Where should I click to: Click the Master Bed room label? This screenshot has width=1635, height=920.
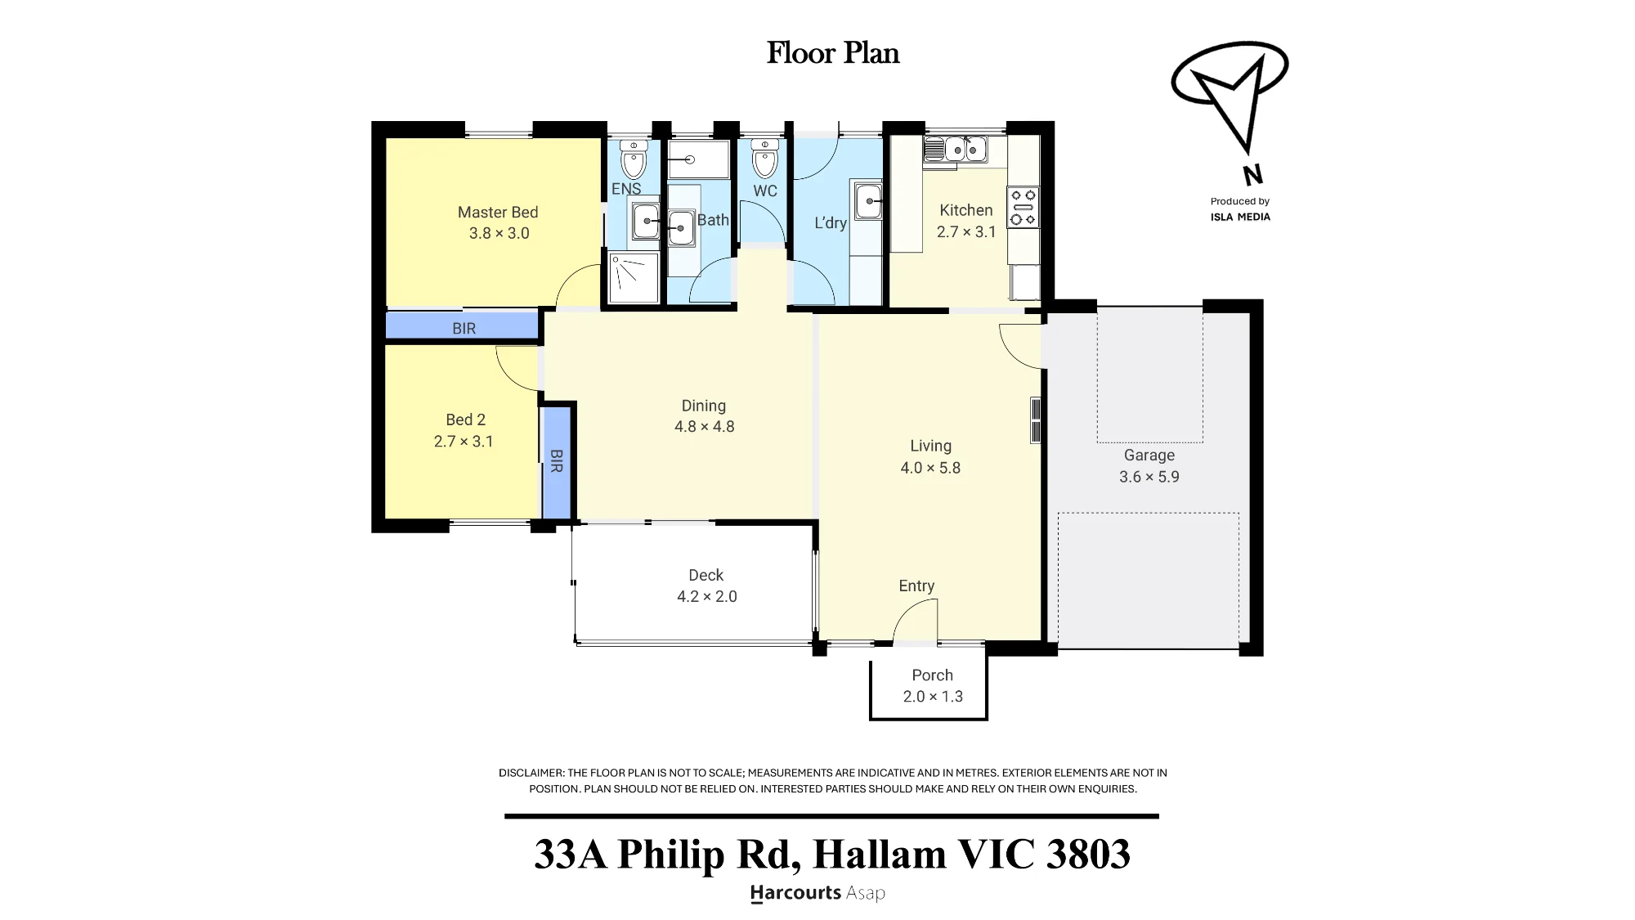point(498,213)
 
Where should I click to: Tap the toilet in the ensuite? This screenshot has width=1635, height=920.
point(634,159)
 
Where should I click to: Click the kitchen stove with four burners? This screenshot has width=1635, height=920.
point(1023,208)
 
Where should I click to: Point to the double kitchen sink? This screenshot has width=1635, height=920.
point(956,150)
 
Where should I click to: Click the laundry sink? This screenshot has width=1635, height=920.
point(868,200)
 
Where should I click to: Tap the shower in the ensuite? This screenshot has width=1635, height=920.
point(634,277)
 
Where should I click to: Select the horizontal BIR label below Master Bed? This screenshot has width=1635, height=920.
point(464,329)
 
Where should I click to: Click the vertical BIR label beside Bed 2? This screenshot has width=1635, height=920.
point(556,461)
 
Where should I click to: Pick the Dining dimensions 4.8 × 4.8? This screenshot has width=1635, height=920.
point(704,427)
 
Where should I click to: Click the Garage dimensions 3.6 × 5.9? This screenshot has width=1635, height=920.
point(1149,477)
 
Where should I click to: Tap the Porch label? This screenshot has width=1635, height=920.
point(932,675)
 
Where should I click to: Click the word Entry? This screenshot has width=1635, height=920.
point(916,586)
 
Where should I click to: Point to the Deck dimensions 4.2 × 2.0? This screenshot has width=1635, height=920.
point(706,597)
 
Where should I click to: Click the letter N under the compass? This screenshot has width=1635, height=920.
point(1252,175)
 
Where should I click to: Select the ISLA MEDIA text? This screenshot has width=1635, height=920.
point(1240,217)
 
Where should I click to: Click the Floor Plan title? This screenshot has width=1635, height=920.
point(833,53)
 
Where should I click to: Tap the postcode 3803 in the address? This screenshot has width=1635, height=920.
point(1088,854)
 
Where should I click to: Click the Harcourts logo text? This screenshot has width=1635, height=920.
point(795,893)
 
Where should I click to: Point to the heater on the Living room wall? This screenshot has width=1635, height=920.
point(1035,420)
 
